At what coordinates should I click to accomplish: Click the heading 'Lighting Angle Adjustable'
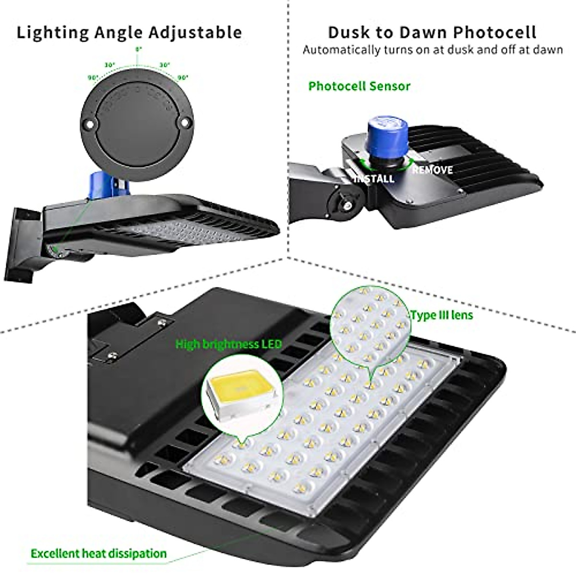pos(129,33)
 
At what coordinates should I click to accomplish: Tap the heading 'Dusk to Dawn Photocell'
pos(432,33)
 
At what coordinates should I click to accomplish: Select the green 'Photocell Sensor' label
pos(359,86)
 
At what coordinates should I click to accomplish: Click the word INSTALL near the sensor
pos(375,179)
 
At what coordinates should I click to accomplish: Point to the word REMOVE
pos(432,170)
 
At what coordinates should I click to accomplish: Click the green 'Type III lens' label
pos(442,315)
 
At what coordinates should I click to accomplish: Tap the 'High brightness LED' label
pos(228,344)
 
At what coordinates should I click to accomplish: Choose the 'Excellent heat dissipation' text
pos(98,553)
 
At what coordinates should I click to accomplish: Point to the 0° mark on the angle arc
pos(138,49)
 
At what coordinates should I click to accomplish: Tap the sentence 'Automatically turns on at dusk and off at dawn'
pos(432,50)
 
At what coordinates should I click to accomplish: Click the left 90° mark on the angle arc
pos(93,77)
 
